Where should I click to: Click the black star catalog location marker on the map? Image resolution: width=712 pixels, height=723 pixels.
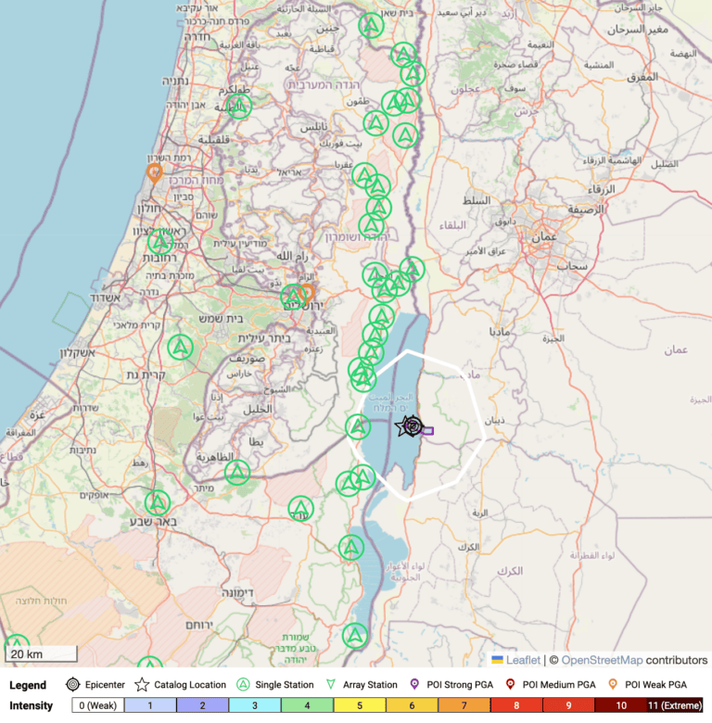404,426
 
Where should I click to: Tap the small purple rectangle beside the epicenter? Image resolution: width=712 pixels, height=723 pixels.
428,430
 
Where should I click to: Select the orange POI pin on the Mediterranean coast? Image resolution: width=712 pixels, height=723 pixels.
155,171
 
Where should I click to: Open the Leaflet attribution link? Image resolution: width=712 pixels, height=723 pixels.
523,660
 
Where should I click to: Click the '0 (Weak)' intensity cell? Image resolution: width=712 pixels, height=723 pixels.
97,705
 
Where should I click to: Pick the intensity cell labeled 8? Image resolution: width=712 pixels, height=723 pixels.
516,705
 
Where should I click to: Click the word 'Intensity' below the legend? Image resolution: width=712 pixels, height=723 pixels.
32,705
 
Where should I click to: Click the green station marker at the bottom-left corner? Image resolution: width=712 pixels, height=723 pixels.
17,646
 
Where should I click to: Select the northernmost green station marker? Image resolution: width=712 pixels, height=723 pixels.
372,25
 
